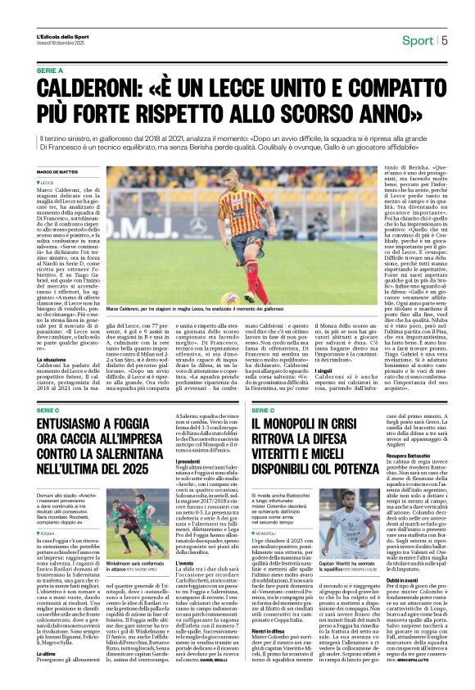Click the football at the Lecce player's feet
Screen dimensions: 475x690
click(x=231, y=298)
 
